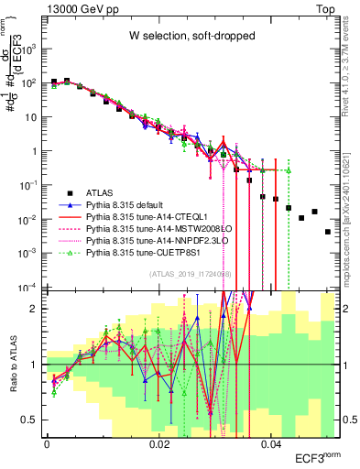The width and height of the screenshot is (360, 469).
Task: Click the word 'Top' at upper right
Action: (x=326, y=8)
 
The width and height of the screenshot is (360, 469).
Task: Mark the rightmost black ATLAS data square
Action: (x=328, y=232)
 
